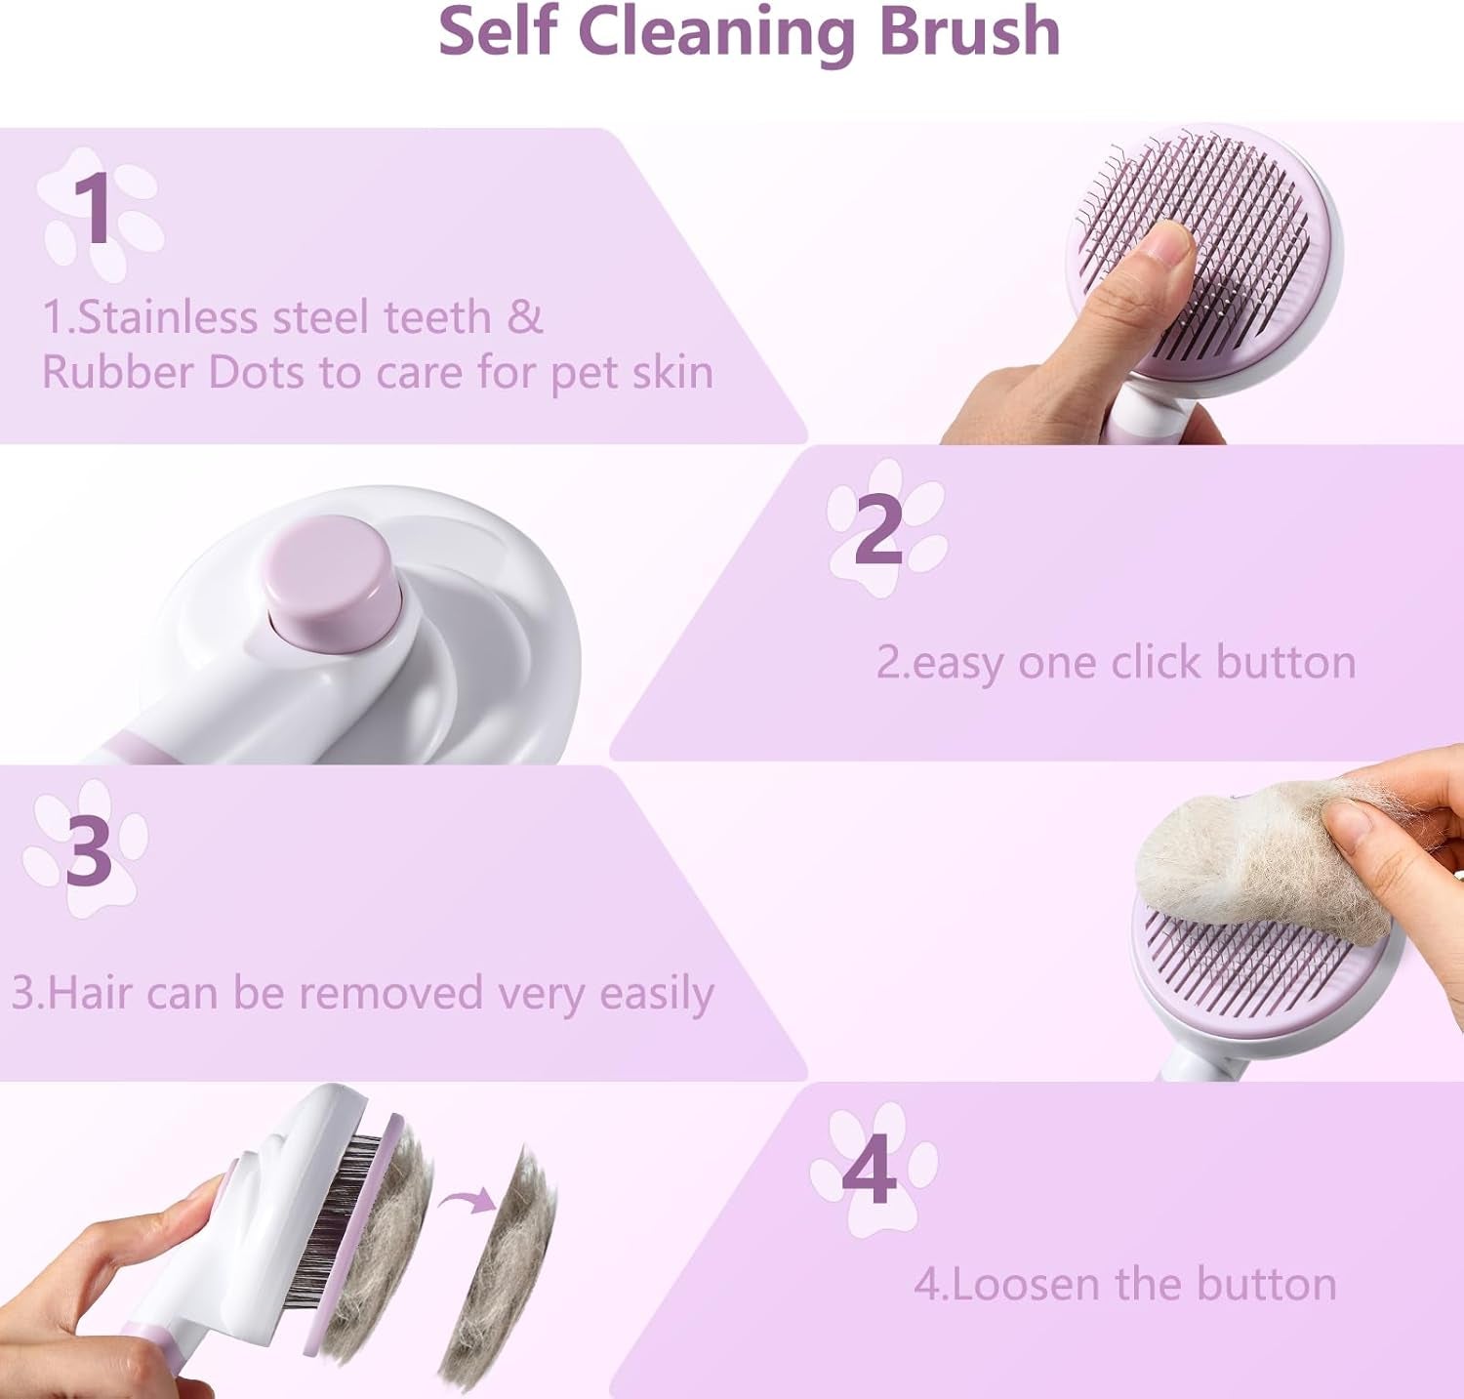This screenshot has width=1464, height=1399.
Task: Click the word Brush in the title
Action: [x=969, y=31]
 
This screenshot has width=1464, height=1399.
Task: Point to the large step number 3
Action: [x=89, y=849]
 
